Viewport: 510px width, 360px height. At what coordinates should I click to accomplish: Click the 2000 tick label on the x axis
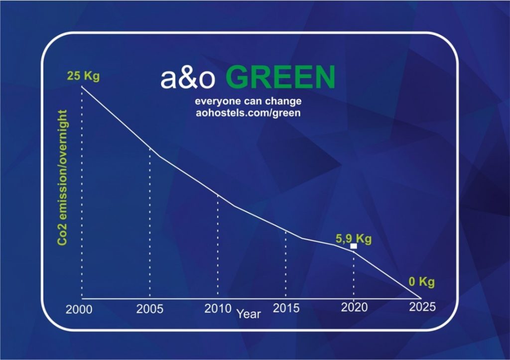(79, 309)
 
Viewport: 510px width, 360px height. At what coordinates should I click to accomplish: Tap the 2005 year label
(150, 309)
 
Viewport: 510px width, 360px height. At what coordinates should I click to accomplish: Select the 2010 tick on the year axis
(218, 308)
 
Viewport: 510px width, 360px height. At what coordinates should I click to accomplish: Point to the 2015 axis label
(286, 308)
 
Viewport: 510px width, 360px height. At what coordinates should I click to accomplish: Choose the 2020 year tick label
(354, 307)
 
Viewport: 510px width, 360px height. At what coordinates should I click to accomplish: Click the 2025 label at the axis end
(422, 307)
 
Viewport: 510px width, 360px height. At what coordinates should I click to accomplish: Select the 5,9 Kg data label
(353, 239)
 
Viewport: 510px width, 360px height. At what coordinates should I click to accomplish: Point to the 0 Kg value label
(421, 282)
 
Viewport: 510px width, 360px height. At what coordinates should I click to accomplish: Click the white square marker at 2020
(354, 246)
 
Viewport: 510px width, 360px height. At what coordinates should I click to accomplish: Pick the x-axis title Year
(249, 314)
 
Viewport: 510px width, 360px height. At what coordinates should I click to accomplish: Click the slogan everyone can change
(248, 102)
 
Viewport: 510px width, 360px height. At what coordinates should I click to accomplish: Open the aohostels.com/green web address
(248, 113)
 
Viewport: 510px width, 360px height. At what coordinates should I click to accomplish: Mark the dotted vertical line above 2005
(150, 224)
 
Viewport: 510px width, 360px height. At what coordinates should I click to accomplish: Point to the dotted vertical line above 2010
(218, 246)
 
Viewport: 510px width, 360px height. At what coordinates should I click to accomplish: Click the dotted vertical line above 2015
(286, 264)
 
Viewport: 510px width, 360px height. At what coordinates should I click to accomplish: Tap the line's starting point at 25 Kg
(82, 87)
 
